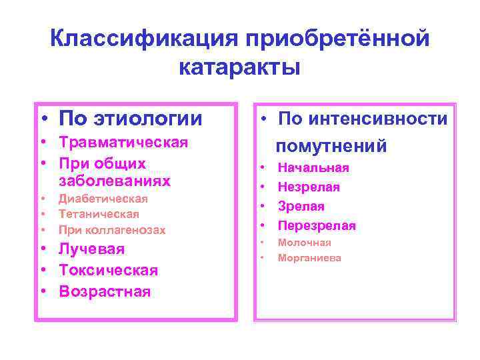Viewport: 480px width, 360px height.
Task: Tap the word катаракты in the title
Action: (240, 68)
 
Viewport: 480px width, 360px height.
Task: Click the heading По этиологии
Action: (130, 119)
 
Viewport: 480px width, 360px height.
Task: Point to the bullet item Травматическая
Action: (123, 142)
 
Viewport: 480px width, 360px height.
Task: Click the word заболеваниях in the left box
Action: (114, 181)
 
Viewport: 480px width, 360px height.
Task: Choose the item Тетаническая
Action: (99, 214)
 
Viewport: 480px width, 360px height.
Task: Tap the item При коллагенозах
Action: (111, 230)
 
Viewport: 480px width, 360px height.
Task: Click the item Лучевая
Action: (91, 249)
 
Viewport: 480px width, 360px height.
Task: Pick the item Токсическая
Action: (108, 270)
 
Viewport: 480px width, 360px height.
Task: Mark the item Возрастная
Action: (105, 291)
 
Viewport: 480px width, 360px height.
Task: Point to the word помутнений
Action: (331, 146)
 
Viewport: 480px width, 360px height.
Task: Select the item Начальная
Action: (313, 168)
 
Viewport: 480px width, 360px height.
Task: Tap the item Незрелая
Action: (309, 187)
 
